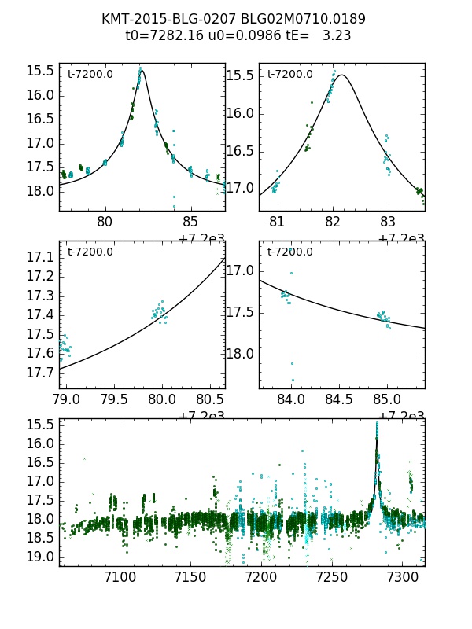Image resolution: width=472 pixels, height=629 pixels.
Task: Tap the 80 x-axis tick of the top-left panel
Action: pyautogui.click(x=105, y=222)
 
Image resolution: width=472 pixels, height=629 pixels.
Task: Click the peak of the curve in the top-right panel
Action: pyautogui.click(x=343, y=75)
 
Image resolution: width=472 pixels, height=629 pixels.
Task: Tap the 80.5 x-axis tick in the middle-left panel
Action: pyautogui.click(x=209, y=399)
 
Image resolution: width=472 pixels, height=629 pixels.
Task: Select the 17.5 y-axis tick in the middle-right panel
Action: pyautogui.click(x=241, y=312)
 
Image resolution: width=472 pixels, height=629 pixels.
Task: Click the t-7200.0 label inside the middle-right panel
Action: pyautogui.click(x=290, y=252)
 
